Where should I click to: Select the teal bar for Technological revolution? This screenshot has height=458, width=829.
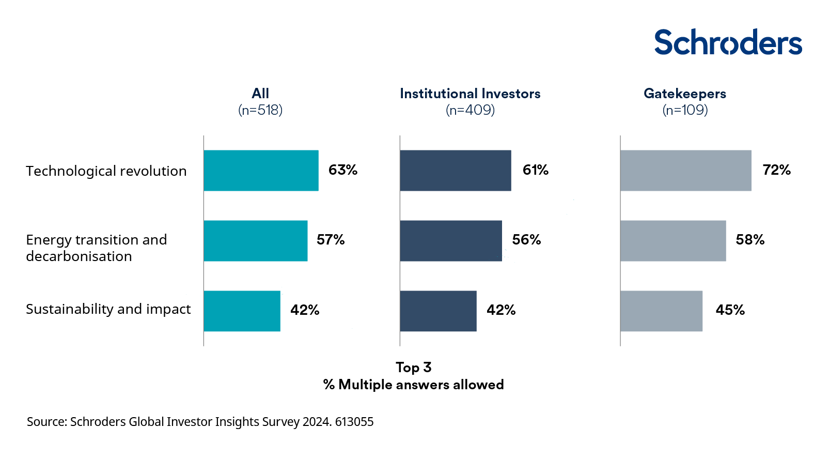click(x=261, y=171)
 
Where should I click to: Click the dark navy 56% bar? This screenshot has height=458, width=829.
click(x=450, y=241)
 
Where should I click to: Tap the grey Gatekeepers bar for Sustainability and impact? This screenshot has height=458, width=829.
click(x=661, y=311)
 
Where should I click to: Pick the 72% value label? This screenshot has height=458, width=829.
click(x=776, y=170)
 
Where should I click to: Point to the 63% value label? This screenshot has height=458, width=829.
click(x=343, y=170)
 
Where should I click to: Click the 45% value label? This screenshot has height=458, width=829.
click(x=730, y=310)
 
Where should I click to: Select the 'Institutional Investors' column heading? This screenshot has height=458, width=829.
click(x=470, y=94)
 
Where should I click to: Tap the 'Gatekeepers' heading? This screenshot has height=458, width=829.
click(x=684, y=94)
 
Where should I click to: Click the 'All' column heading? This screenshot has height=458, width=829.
click(x=260, y=94)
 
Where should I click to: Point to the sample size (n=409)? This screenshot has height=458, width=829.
click(x=470, y=110)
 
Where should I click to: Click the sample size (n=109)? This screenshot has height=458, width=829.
click(x=685, y=110)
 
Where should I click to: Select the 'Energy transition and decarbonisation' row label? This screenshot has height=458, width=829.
click(x=97, y=248)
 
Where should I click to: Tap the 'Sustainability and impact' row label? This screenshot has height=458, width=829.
click(x=108, y=309)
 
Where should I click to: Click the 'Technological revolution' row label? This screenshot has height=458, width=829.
click(x=106, y=171)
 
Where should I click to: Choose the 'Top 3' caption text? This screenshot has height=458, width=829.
click(x=413, y=368)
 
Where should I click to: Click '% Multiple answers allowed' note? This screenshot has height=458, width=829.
click(x=413, y=385)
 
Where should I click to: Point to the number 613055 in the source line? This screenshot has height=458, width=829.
click(x=354, y=422)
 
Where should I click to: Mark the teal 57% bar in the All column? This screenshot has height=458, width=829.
click(x=255, y=241)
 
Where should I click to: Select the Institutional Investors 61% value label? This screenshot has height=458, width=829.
click(x=535, y=170)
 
